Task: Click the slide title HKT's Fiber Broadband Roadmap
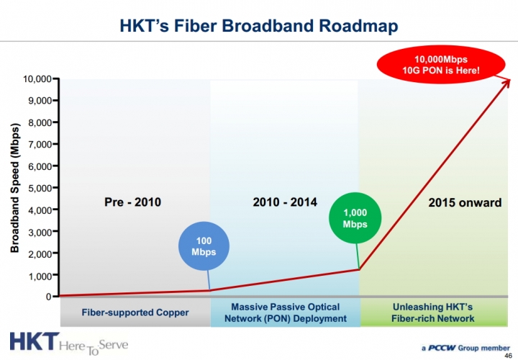259,26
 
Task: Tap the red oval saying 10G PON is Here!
441,65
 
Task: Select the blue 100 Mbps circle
204,246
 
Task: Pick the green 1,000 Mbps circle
355,218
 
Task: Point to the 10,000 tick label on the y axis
37,78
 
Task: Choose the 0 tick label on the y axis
49,297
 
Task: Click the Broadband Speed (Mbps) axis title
15,188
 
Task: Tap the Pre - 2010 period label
133,202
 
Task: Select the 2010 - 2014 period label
285,202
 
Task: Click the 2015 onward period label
465,202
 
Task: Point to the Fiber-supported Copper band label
135,312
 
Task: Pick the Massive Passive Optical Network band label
286,312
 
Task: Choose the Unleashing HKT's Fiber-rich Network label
433,312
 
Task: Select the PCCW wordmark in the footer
442,348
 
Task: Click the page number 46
509,356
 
